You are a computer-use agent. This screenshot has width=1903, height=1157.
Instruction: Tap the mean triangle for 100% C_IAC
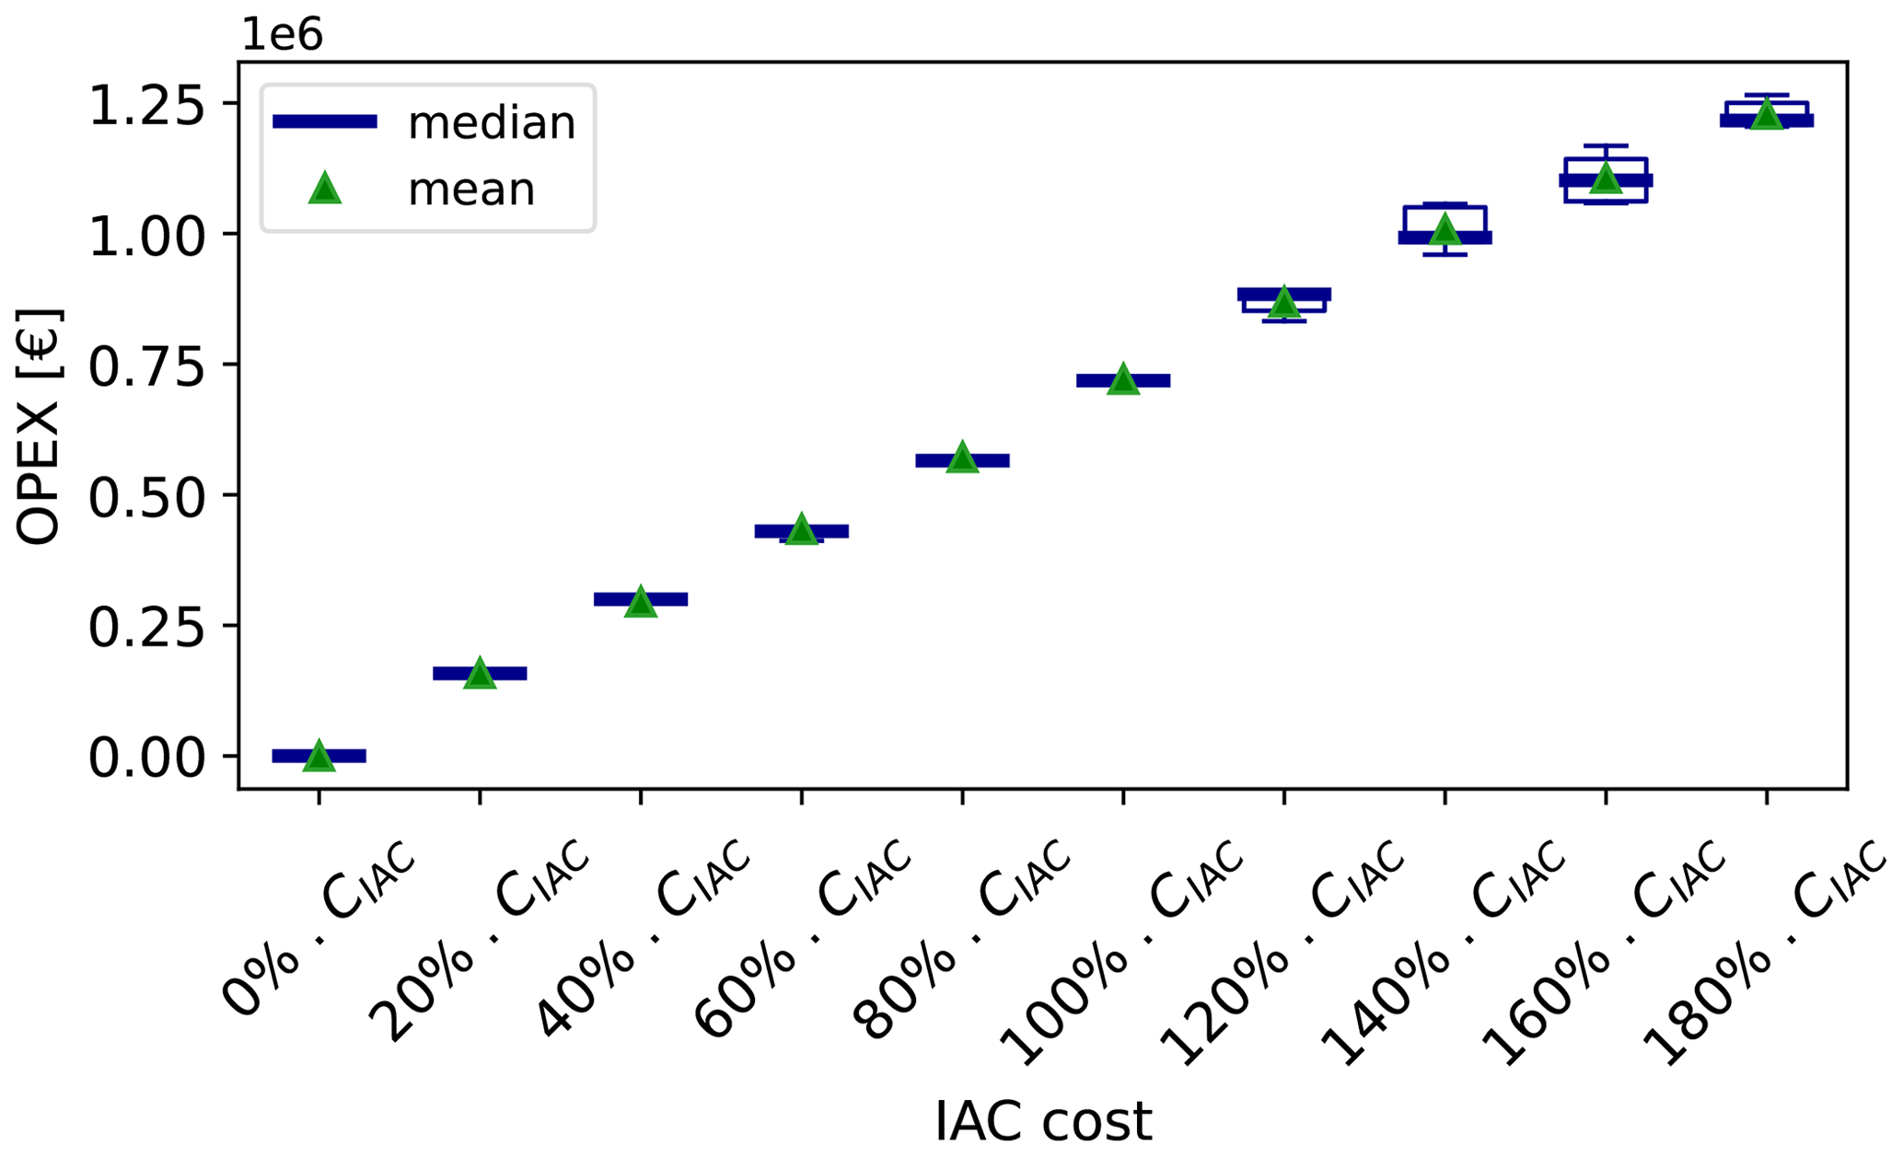pos(1122,379)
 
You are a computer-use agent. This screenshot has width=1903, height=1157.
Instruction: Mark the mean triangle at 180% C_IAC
pos(1766,115)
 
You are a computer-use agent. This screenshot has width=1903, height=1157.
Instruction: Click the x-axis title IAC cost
pos(1043,1121)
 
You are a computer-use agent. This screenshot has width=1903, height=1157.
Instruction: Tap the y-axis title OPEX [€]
pos(39,425)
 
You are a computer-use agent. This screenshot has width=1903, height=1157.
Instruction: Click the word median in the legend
pos(492,122)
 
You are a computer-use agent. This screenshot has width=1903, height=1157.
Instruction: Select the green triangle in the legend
pos(325,189)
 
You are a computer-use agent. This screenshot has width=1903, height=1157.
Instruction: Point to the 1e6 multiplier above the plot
pos(282,35)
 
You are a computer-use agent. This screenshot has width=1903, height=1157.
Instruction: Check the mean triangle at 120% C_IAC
pos(1283,302)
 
